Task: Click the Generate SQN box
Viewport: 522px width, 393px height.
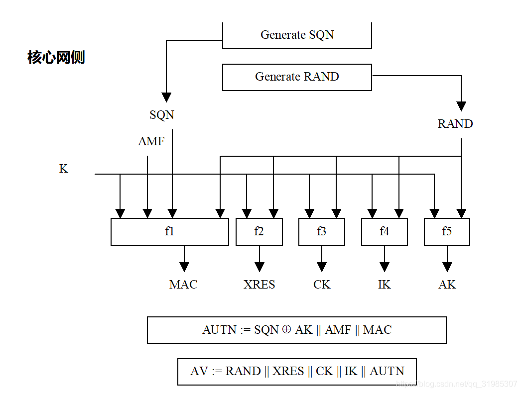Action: click(297, 35)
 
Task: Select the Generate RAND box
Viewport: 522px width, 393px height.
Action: click(297, 77)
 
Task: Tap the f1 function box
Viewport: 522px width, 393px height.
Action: click(169, 231)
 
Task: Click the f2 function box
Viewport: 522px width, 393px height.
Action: click(259, 231)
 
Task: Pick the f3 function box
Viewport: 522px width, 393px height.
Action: click(322, 231)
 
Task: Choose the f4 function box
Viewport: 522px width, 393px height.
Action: click(384, 231)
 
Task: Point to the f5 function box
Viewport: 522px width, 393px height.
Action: click(447, 231)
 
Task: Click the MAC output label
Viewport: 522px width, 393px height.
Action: click(183, 285)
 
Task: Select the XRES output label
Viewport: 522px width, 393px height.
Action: click(259, 285)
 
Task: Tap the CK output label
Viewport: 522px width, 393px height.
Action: click(322, 285)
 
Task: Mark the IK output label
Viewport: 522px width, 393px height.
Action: click(384, 285)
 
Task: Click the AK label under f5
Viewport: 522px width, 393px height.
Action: click(447, 285)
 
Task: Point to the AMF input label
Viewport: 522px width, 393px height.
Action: click(151, 142)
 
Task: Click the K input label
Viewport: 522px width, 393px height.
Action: click(64, 169)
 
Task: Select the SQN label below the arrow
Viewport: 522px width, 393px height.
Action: click(162, 115)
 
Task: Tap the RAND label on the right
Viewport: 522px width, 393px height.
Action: click(455, 124)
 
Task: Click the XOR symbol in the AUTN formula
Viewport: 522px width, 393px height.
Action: click(286, 329)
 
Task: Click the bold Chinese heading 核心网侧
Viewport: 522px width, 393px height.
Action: click(56, 58)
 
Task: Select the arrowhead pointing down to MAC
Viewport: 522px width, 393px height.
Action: click(185, 266)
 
